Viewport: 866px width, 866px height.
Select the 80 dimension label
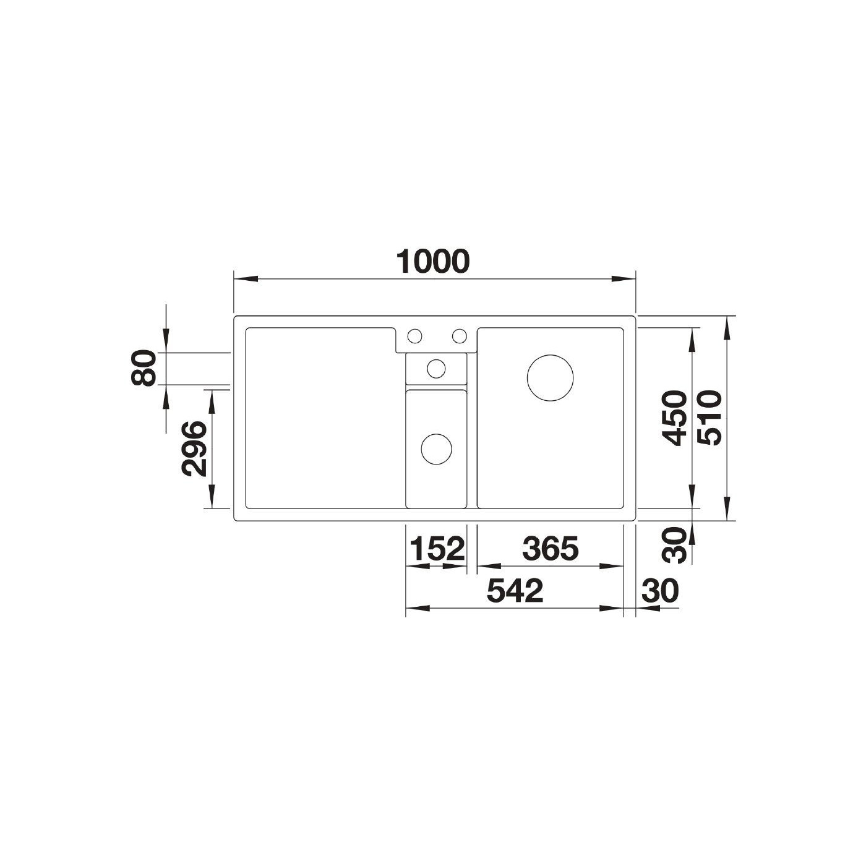click(x=144, y=368)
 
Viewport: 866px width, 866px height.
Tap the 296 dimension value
click(x=194, y=448)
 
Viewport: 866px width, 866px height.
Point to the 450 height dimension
click(x=675, y=418)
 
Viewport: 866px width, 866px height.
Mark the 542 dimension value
click(x=515, y=591)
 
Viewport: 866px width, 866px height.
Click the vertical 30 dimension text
click(x=675, y=545)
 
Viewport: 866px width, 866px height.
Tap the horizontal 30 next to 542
click(x=660, y=591)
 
